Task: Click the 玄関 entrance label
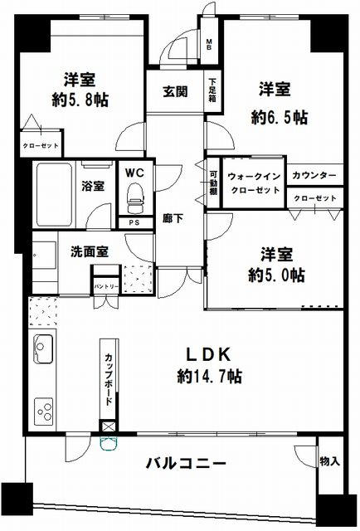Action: pos(175,91)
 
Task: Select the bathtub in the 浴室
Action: pos(54,195)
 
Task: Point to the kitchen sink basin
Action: pos(43,348)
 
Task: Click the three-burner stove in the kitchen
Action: pos(44,411)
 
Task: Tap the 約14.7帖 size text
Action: pos(210,376)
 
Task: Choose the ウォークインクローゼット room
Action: pos(254,183)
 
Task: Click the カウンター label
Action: pos(314,175)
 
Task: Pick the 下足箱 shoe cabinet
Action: pos(212,91)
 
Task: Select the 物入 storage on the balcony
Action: pos(330,461)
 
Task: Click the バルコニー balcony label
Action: pos(186,463)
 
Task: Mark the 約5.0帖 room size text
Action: pos(276,275)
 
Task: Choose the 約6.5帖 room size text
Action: pos(280,118)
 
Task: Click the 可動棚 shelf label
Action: pos(213,183)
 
